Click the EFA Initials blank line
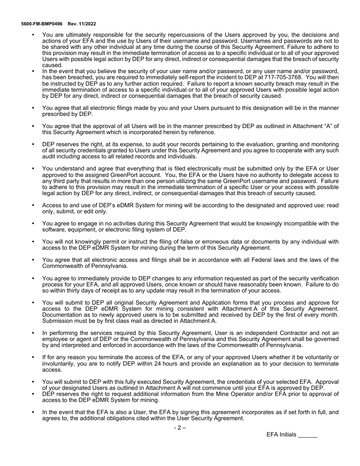pyautogui.click(x=308, y=435)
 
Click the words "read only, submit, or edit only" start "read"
pyautogui.click(x=333, y=205)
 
